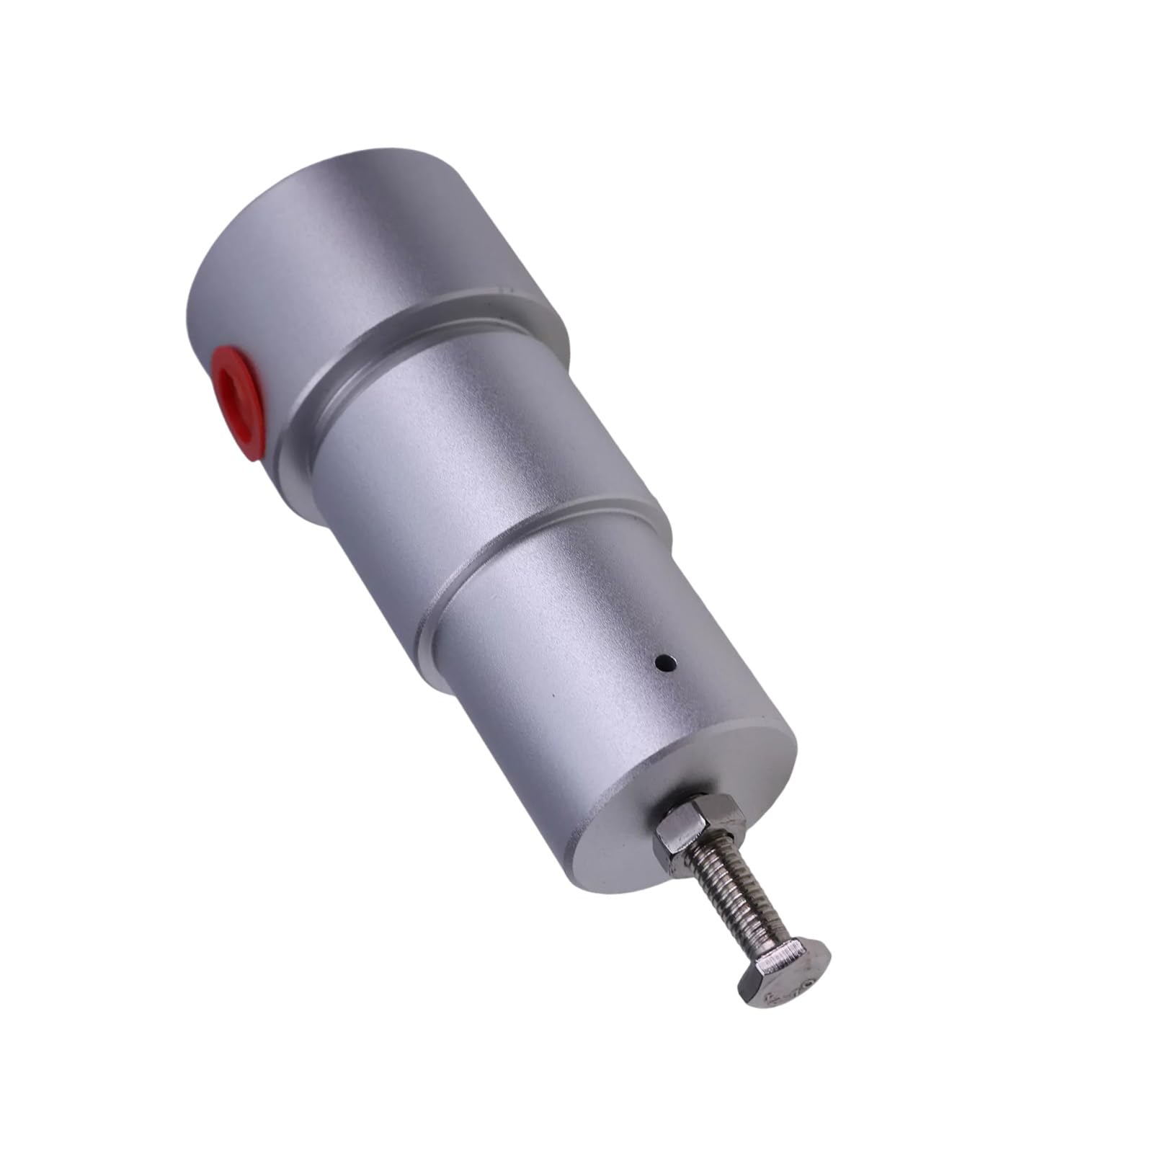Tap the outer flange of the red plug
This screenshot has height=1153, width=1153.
[252, 432]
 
